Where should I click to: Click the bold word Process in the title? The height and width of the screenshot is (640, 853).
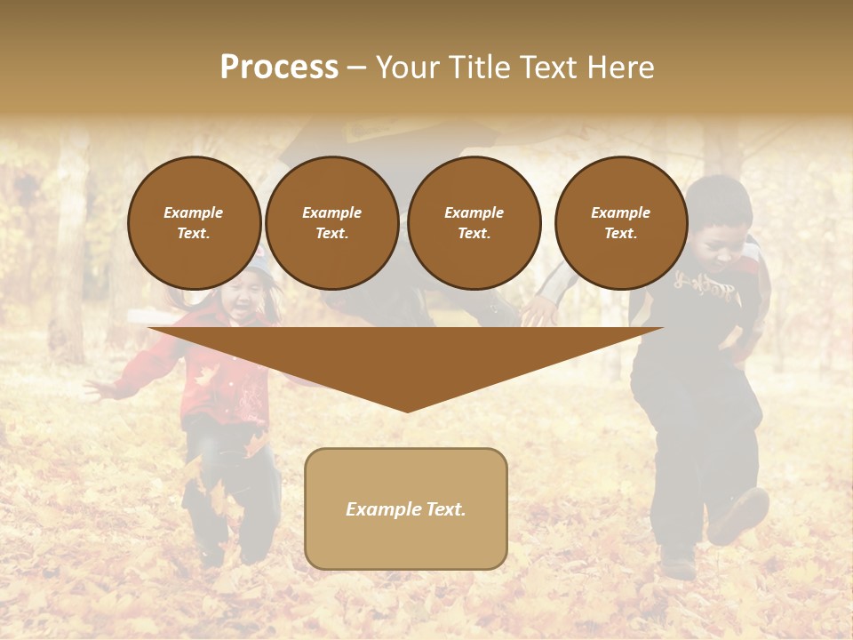coord(279,68)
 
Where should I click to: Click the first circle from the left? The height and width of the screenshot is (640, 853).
coord(194,222)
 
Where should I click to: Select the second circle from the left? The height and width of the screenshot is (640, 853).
coord(331,222)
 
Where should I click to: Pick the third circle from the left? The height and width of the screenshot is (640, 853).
coord(474,222)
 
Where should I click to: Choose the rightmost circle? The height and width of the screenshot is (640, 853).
coord(620,222)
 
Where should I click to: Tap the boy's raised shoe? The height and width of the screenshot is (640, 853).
coord(739,516)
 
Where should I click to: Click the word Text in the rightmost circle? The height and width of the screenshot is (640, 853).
coord(620,233)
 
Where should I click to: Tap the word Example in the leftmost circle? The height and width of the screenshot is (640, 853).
coord(194,212)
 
